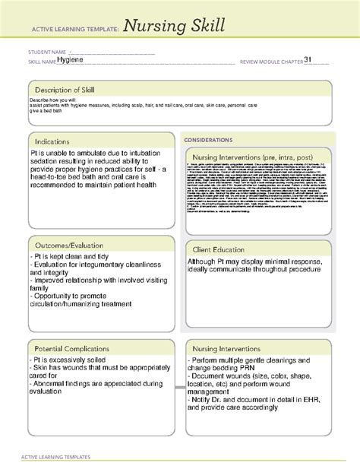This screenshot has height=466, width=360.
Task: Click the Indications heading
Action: (x=52, y=141)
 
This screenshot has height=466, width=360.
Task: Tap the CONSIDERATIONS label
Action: (x=212, y=141)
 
